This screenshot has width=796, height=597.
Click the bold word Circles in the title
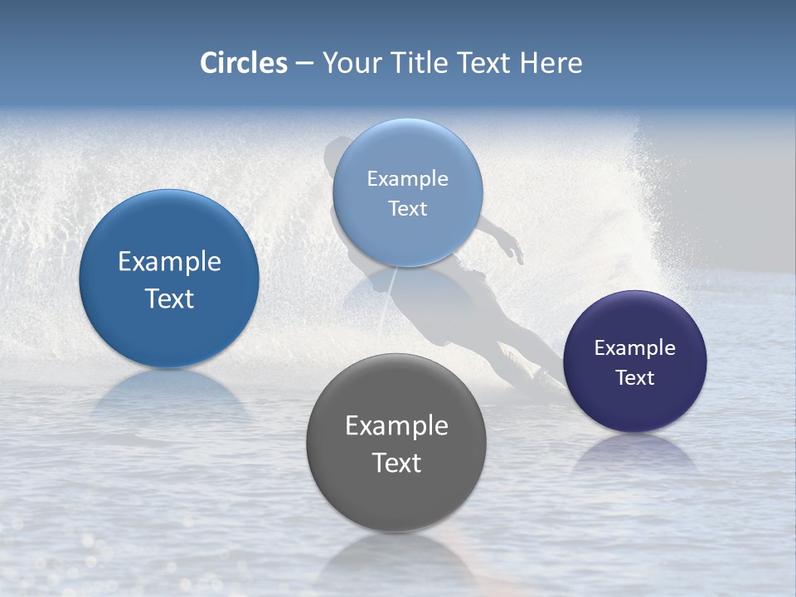point(244,63)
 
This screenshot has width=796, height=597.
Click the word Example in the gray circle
point(396,425)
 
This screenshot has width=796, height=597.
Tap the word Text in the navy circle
point(635,377)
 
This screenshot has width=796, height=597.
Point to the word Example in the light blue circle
point(407,178)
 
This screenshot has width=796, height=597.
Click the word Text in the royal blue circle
point(169,298)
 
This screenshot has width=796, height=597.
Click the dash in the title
point(304,64)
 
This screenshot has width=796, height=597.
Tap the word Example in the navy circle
point(635,347)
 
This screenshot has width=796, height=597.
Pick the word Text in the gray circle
point(396,463)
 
